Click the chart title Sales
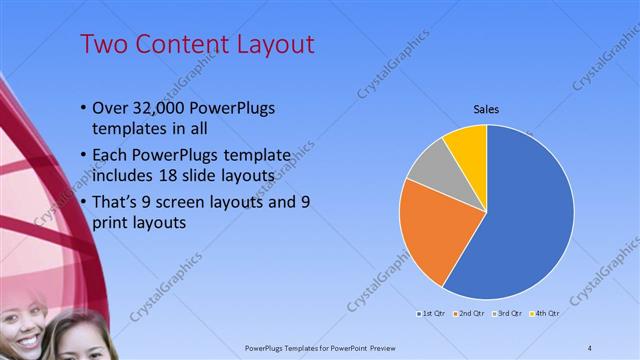click(x=486, y=109)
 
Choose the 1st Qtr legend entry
click(x=433, y=313)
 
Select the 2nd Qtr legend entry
click(x=469, y=313)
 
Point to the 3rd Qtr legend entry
click(x=505, y=313)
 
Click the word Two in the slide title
click(x=102, y=45)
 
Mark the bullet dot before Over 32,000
click(x=82, y=109)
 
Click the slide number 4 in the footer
click(x=590, y=347)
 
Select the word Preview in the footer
click(x=398, y=347)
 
